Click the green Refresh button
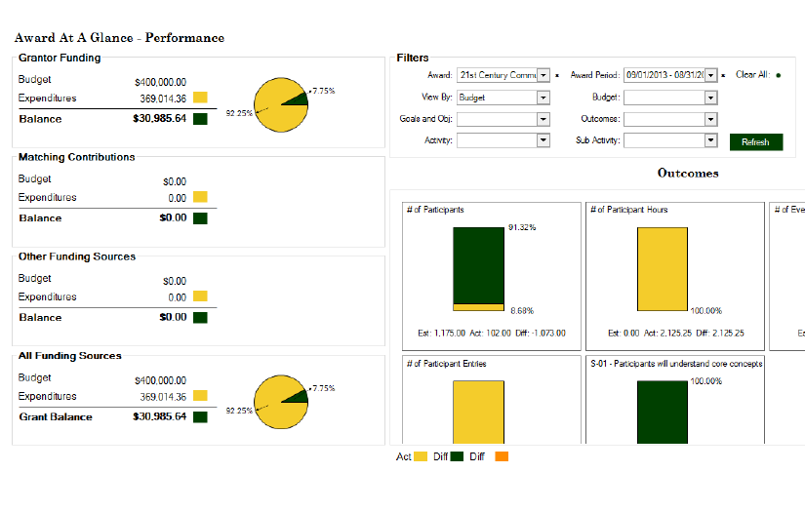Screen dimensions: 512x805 click(755, 141)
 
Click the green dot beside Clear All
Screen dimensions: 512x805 click(778, 75)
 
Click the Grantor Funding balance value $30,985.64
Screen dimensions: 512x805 click(159, 119)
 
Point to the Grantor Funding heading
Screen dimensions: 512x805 click(60, 59)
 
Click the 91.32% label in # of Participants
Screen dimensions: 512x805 click(522, 227)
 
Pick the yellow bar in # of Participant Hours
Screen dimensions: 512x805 click(663, 268)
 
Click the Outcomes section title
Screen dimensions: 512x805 click(688, 174)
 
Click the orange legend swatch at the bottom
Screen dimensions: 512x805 click(502, 456)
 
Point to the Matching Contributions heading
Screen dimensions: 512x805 click(77, 157)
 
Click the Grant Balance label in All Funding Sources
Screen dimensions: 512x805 click(56, 416)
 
